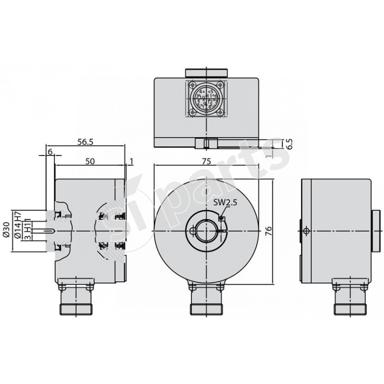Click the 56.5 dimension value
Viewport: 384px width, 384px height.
[84, 142]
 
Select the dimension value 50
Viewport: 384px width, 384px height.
[89, 162]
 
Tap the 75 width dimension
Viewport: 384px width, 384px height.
[206, 162]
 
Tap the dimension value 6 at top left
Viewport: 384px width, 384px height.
[50, 151]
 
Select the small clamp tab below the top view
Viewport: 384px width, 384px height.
[206, 143]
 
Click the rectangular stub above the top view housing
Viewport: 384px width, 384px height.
[206, 72]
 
